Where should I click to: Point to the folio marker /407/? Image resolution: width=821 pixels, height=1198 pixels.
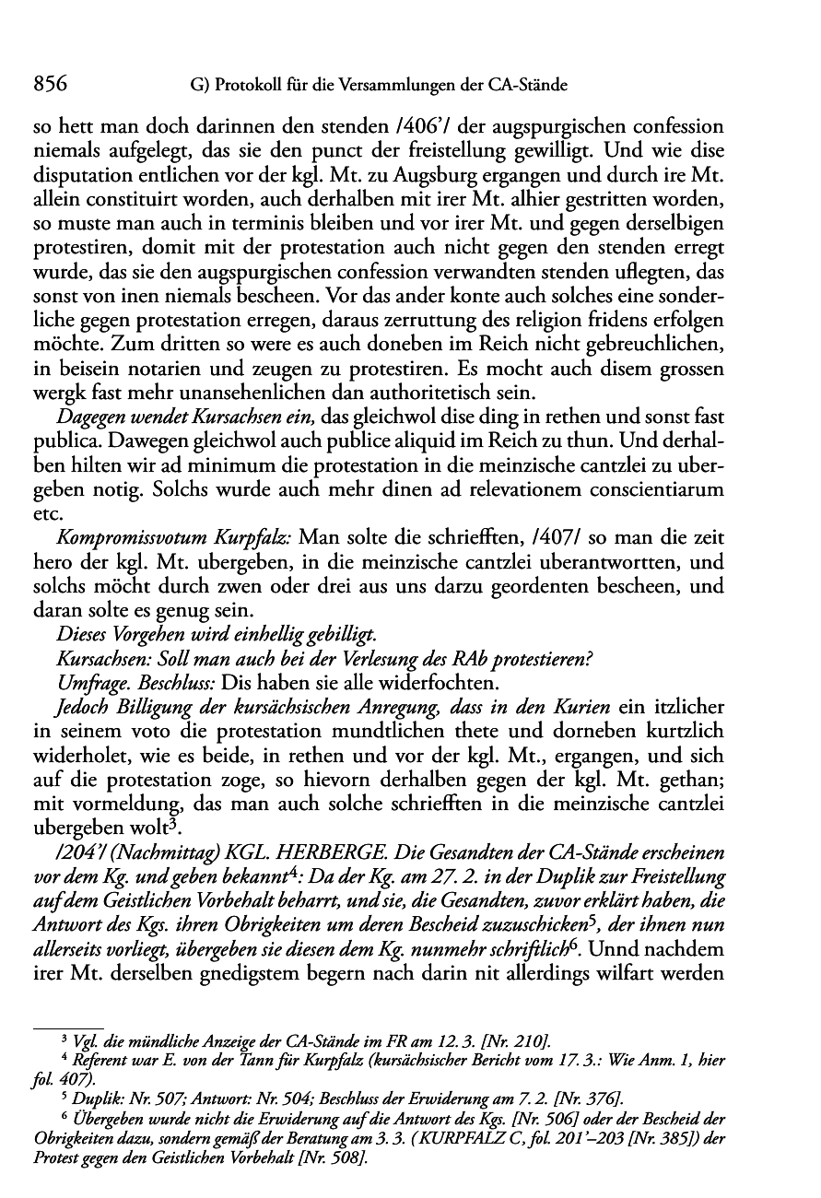[560, 535]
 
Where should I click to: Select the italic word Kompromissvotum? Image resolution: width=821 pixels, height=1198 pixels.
[120, 535]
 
